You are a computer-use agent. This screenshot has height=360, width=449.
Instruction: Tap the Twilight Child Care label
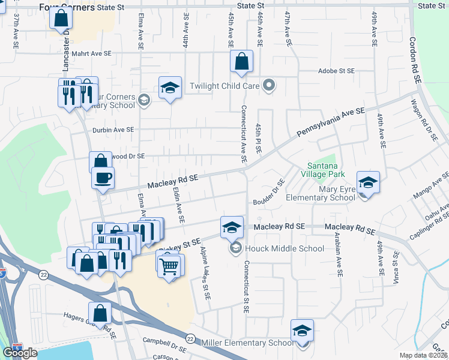click(x=224, y=86)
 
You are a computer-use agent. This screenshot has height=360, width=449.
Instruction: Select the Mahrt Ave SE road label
click(x=92, y=53)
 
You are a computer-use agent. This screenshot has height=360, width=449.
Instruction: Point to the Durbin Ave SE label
click(x=113, y=130)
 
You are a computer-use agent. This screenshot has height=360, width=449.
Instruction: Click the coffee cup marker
click(x=103, y=178)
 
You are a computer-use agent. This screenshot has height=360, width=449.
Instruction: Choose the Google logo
click(x=20, y=353)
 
